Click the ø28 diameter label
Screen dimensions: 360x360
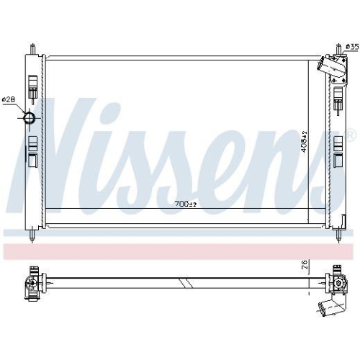point(9,99)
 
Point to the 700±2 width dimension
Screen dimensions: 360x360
point(186,204)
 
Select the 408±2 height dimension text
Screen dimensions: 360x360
point(305,142)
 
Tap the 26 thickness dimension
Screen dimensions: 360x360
point(305,264)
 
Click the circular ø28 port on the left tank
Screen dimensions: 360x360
point(30,117)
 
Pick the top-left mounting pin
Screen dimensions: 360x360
point(32,49)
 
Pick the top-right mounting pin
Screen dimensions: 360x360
point(338,49)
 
